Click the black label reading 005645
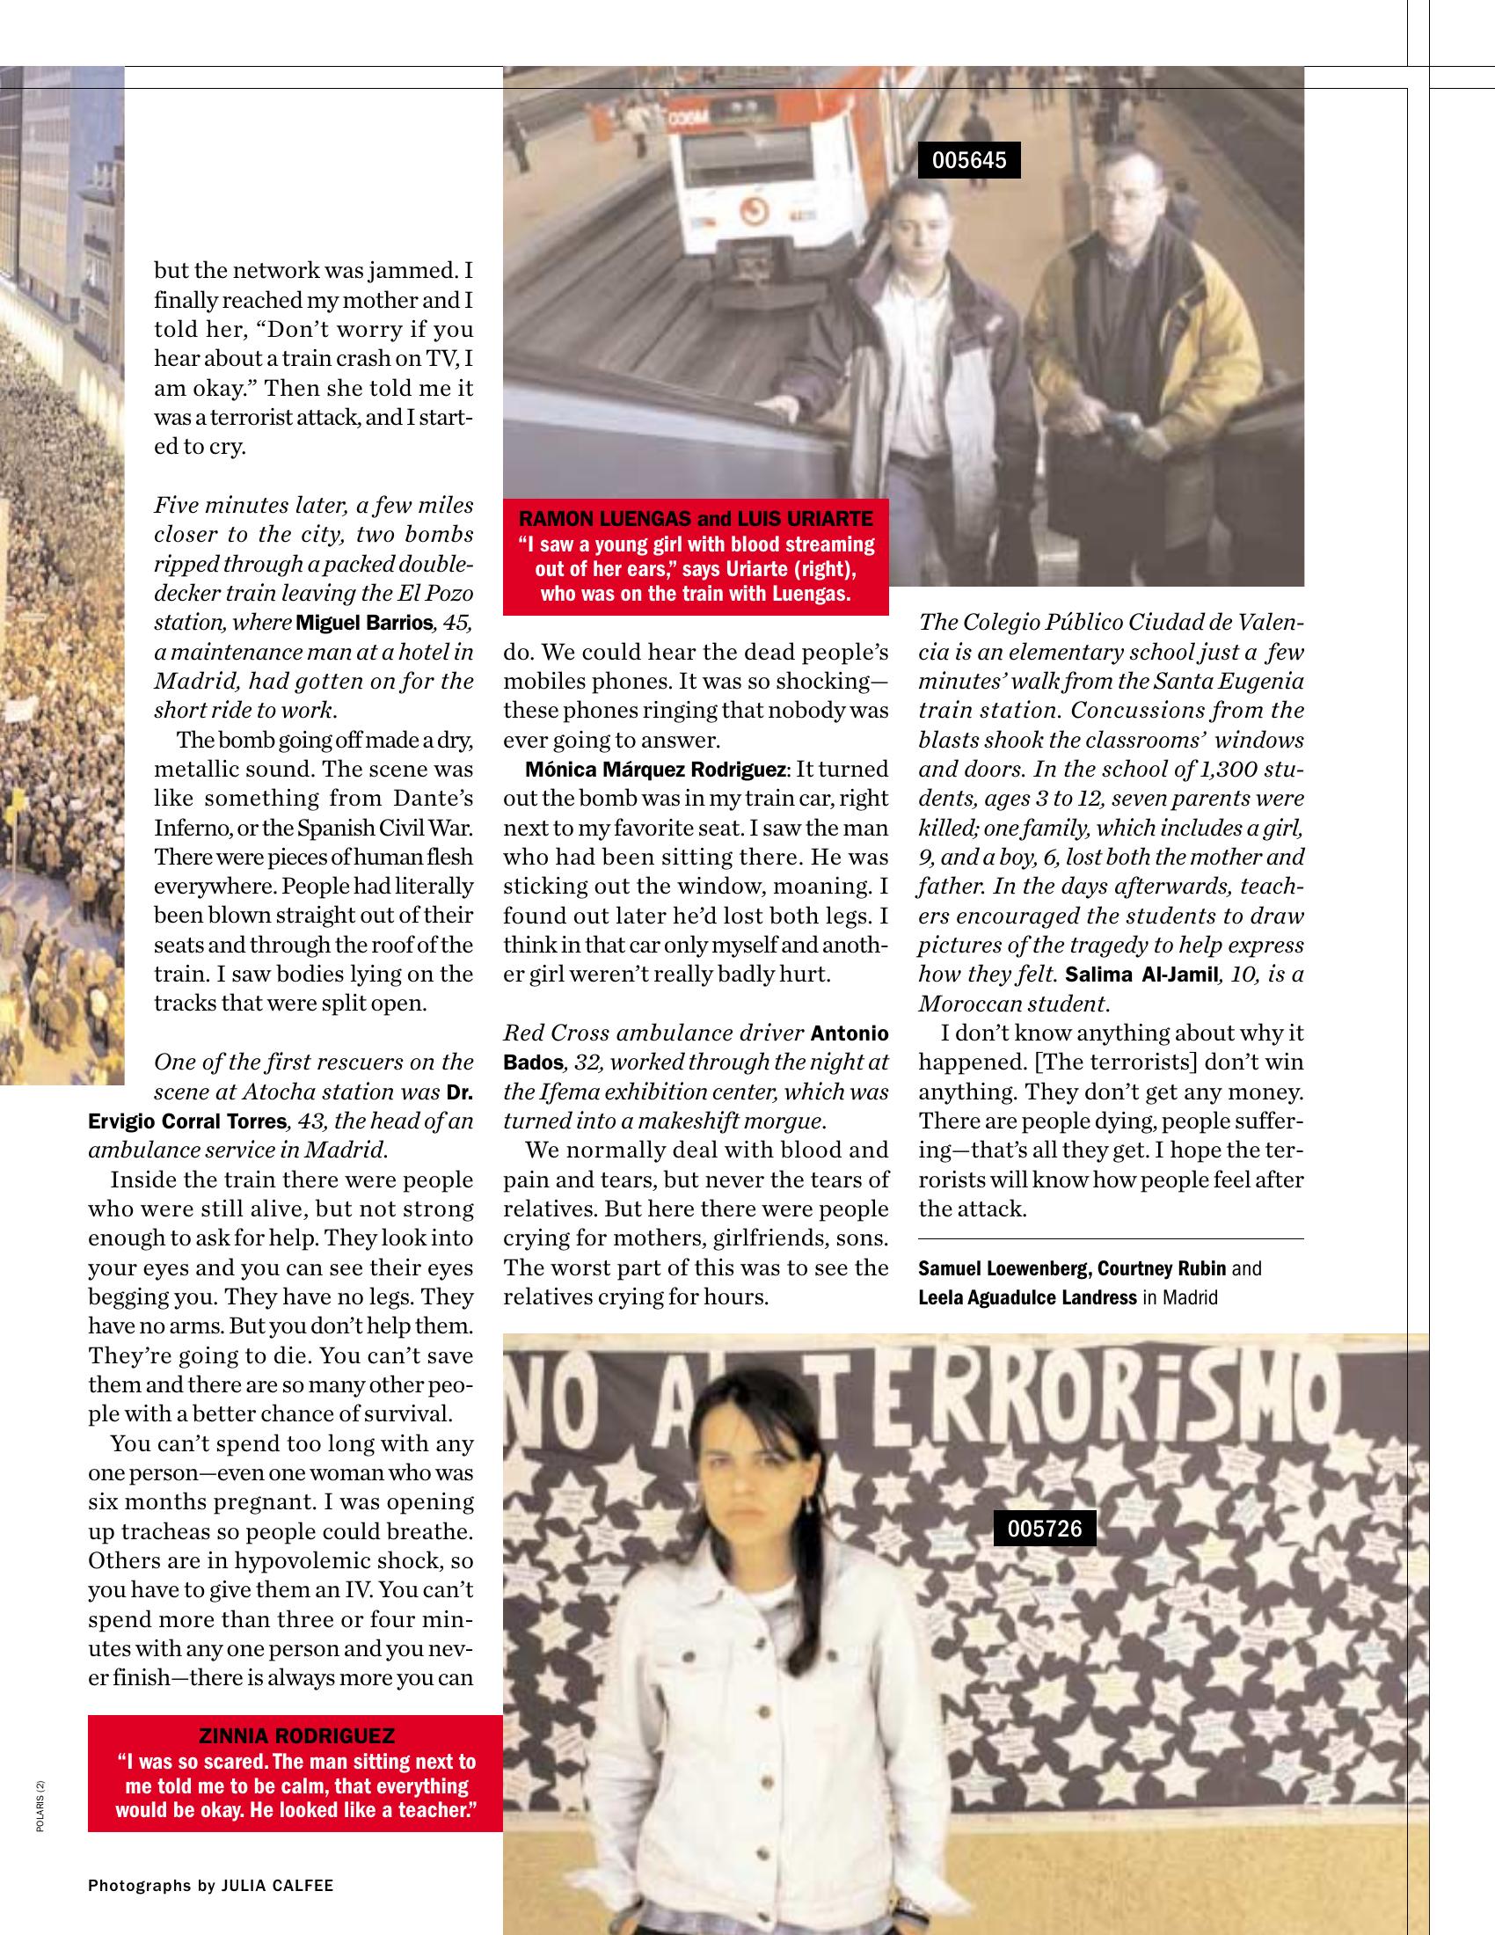[969, 160]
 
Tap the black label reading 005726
[1044, 1529]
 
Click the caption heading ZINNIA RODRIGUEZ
[296, 1735]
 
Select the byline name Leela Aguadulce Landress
[1027, 1298]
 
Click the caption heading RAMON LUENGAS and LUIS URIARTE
[696, 518]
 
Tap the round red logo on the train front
[754, 209]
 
